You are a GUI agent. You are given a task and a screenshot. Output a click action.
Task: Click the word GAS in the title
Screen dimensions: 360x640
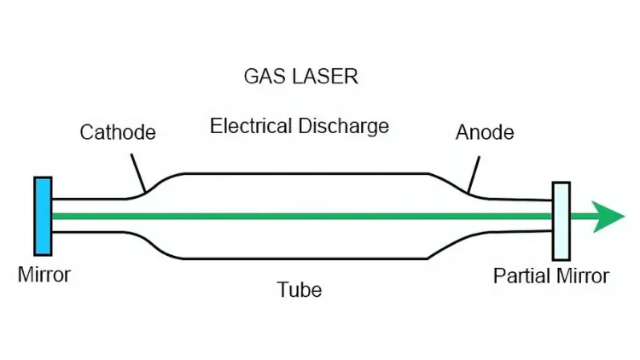(261, 76)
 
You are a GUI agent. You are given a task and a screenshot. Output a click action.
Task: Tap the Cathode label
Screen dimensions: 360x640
(118, 133)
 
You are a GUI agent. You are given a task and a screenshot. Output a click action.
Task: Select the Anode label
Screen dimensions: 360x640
(485, 133)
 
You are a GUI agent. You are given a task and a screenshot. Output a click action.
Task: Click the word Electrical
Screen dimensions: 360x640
(252, 127)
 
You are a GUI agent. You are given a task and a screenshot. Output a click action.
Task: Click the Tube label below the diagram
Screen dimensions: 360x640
(300, 290)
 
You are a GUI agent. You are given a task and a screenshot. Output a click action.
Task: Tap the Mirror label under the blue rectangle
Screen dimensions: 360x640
(44, 276)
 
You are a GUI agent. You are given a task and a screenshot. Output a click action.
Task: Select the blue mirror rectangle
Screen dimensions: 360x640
(43, 215)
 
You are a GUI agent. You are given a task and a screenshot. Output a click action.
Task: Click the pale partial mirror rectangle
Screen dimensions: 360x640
(561, 220)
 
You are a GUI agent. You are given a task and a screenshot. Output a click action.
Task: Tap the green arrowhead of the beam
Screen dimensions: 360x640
(609, 218)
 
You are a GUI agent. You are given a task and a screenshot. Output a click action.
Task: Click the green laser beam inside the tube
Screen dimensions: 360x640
(299, 217)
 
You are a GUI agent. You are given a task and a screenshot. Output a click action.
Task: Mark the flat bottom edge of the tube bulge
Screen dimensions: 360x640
(299, 258)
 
